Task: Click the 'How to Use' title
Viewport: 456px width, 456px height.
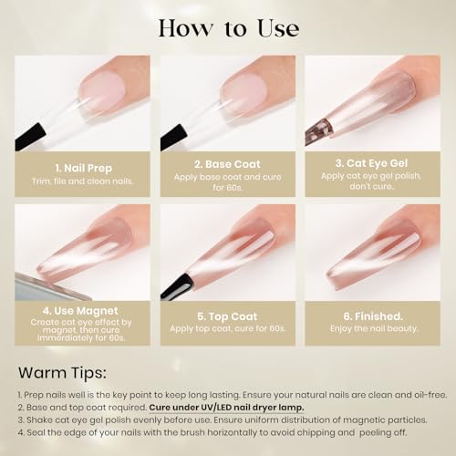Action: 229,28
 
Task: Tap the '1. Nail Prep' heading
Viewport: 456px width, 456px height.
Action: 84,168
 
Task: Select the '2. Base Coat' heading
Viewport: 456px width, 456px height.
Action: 227,164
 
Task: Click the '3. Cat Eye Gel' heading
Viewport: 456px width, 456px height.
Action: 371,163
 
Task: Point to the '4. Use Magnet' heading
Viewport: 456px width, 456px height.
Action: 80,311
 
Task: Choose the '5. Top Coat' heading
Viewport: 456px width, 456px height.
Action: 227,316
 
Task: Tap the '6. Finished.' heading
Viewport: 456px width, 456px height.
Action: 373,316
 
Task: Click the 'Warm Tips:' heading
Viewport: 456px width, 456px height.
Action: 62,373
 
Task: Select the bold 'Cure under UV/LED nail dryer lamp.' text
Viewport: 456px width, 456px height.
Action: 226,408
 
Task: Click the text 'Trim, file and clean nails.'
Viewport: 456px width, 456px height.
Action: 83,181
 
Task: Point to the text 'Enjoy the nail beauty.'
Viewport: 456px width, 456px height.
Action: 374,328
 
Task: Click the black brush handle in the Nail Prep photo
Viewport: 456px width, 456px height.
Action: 30,136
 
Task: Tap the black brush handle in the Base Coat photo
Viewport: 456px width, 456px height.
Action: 174,137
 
